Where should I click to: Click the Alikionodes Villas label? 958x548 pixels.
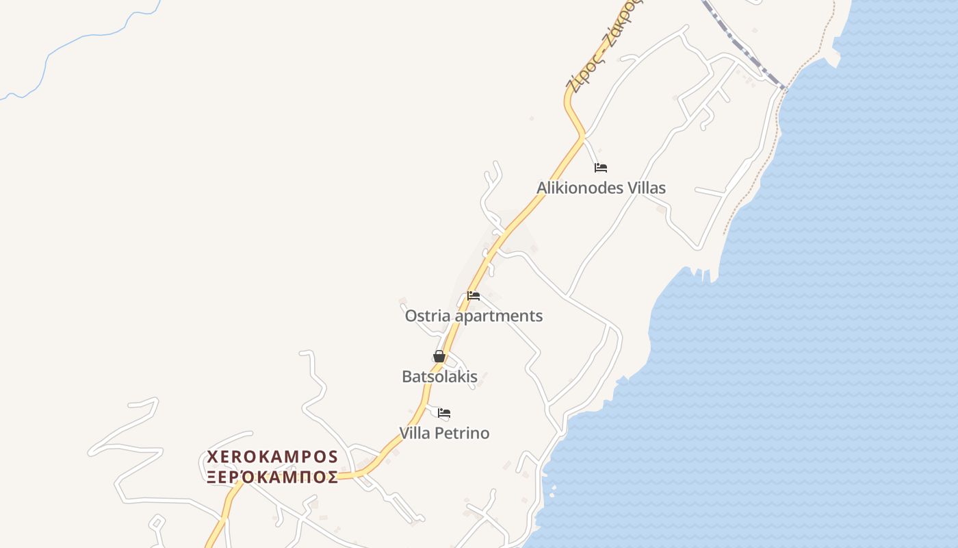pyautogui.click(x=601, y=188)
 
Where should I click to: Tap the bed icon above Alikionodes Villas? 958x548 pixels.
pyautogui.click(x=601, y=167)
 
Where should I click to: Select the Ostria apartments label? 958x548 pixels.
pyautogui.click(x=474, y=316)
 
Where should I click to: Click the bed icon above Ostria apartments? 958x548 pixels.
pyautogui.click(x=474, y=296)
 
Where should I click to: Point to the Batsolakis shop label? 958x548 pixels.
pyautogui.click(x=439, y=376)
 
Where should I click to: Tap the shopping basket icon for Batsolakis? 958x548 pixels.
pyautogui.click(x=439, y=356)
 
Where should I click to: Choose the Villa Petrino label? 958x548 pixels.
pyautogui.click(x=444, y=433)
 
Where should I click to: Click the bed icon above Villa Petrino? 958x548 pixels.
pyautogui.click(x=444, y=413)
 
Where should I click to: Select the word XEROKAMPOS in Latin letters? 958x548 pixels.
pyautogui.click(x=272, y=457)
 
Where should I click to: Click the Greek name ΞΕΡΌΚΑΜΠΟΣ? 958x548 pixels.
pyautogui.click(x=272, y=477)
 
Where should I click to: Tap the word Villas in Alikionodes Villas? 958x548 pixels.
pyautogui.click(x=645, y=188)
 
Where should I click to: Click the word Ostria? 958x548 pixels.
pyautogui.click(x=428, y=316)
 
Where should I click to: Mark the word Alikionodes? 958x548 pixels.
pyautogui.click(x=578, y=188)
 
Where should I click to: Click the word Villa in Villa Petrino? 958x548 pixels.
pyautogui.click(x=416, y=433)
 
